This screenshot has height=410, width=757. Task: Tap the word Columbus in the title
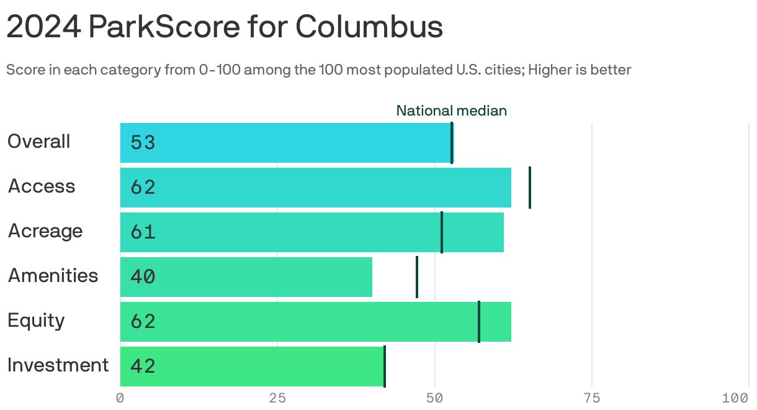[x=369, y=27]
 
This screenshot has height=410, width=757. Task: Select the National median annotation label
[x=451, y=111]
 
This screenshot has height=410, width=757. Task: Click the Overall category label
[x=38, y=142]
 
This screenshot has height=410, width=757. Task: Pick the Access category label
[x=41, y=186]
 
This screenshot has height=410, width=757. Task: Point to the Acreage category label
[x=45, y=231]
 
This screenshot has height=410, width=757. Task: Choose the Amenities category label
[x=53, y=276]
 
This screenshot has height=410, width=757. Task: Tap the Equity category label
[x=36, y=321]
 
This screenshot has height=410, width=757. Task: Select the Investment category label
[x=58, y=365]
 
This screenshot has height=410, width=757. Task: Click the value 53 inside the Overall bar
[x=142, y=143]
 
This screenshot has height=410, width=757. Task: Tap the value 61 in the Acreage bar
[x=142, y=232]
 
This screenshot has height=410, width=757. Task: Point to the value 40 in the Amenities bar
[x=142, y=277]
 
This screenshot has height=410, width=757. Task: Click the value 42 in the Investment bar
[x=142, y=367]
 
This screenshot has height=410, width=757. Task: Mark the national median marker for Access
[x=529, y=188]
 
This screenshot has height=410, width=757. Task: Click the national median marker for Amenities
[x=416, y=277]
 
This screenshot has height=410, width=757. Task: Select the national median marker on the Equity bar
[x=478, y=322]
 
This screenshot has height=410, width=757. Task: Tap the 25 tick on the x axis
[x=277, y=398]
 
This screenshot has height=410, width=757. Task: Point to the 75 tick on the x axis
[x=592, y=398]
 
